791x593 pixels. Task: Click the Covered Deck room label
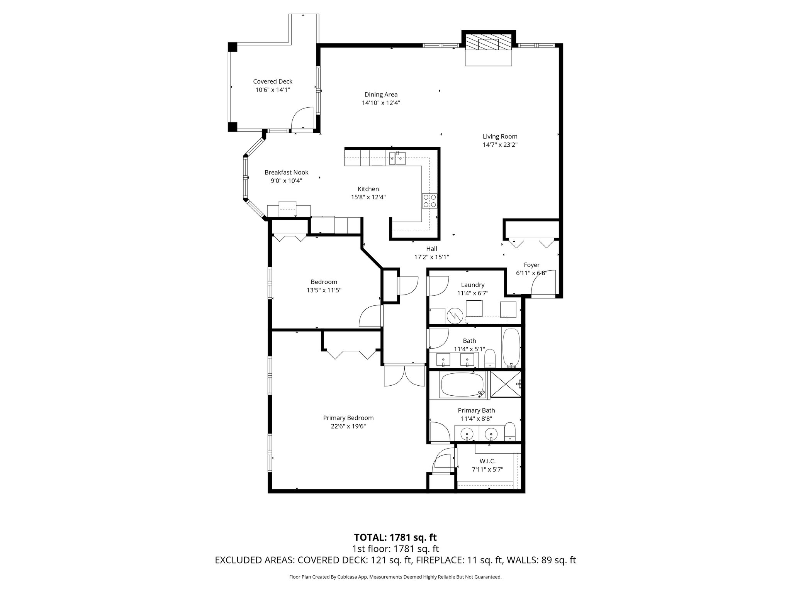(x=273, y=81)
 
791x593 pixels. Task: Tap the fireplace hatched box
(x=488, y=42)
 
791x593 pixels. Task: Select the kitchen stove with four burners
(x=429, y=200)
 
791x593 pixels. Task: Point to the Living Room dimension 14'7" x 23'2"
(x=500, y=145)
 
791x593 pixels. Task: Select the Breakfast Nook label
(x=286, y=173)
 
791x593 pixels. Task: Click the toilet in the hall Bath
(x=490, y=358)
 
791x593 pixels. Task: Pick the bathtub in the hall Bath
(x=511, y=347)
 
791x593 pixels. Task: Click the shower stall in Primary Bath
(x=505, y=384)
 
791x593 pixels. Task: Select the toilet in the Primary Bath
(x=510, y=431)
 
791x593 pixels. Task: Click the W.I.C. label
(x=487, y=461)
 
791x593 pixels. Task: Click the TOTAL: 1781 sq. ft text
(x=395, y=537)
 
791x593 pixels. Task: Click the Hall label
(x=431, y=249)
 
